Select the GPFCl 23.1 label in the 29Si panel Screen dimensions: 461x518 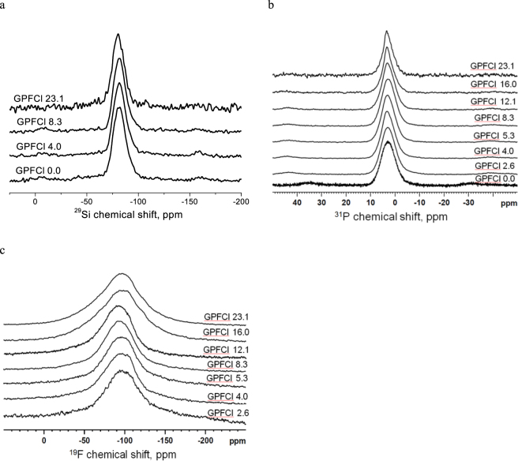point(39,99)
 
